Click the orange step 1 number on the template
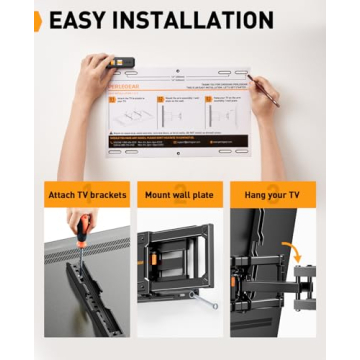click(113, 100)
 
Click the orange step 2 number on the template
click(160, 100)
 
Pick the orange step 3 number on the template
click(207, 100)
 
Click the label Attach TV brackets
click(86, 193)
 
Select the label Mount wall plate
click(180, 193)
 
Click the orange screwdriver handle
click(84, 222)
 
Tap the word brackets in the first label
click(107, 193)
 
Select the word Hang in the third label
click(250, 193)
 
